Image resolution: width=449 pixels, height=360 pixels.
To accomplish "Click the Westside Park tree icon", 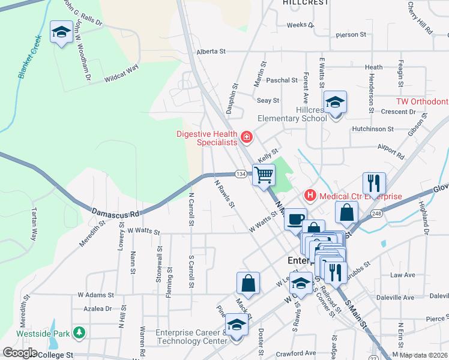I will pos(79,332).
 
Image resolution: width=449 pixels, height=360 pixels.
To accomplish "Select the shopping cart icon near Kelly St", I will pos(264,176).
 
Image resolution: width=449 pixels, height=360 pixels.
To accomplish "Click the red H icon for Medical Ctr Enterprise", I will pos(310,195).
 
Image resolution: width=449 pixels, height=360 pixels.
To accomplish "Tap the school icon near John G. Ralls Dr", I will pos(61,32).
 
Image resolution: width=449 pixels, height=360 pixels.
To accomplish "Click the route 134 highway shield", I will pos(240,174).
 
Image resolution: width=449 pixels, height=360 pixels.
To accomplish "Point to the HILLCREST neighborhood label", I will pos(306,3).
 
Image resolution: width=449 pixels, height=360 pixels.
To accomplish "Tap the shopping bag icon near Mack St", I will pos(249,283).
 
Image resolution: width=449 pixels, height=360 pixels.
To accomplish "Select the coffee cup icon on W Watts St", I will pos(294,219).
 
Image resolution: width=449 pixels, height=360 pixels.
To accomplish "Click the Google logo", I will pos(19,353).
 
